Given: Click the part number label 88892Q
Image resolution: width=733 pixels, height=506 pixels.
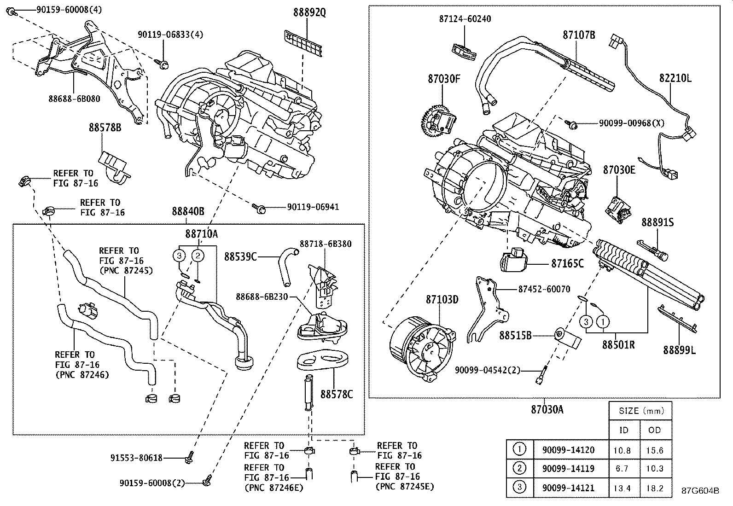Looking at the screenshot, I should pyautogui.click(x=309, y=12).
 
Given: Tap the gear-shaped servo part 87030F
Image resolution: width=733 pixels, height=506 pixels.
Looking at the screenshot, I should pyautogui.click(x=437, y=121).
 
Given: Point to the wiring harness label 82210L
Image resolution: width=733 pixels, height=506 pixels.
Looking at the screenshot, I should pyautogui.click(x=675, y=78).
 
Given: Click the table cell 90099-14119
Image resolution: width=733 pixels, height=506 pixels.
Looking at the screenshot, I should pyautogui.click(x=568, y=469).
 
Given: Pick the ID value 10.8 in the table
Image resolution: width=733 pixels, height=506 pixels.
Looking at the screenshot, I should pyautogui.click(x=622, y=450).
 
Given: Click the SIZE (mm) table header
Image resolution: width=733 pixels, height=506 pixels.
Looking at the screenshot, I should pyautogui.click(x=640, y=411).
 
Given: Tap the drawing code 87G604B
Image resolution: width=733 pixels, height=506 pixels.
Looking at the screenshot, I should pyautogui.click(x=700, y=491).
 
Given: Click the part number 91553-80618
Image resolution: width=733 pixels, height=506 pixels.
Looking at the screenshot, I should pyautogui.click(x=136, y=458).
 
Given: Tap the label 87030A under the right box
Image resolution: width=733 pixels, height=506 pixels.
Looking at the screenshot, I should pyautogui.click(x=547, y=409).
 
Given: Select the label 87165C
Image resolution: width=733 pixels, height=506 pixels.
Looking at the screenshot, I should pyautogui.click(x=567, y=263).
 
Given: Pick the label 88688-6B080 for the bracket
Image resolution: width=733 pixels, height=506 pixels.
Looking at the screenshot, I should pyautogui.click(x=75, y=98).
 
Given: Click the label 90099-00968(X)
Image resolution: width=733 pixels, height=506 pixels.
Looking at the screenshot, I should pyautogui.click(x=632, y=123).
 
